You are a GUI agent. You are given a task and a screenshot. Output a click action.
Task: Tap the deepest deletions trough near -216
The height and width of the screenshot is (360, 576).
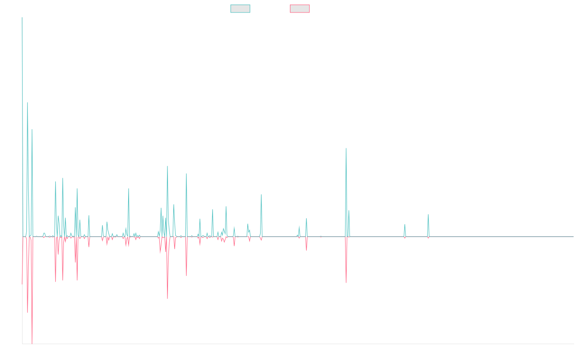pyautogui.click(x=32, y=343)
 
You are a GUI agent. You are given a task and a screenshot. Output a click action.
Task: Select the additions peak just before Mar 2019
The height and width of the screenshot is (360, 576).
pyautogui.click(x=261, y=194)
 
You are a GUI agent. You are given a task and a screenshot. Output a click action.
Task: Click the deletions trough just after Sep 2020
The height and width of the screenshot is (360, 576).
pyautogui.click(x=346, y=283)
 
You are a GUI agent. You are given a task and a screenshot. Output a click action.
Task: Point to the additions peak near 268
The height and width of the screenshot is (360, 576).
pyautogui.click(x=27, y=103)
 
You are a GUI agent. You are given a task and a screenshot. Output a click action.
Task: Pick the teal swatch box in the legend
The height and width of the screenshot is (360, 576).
pyautogui.click(x=240, y=9)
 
